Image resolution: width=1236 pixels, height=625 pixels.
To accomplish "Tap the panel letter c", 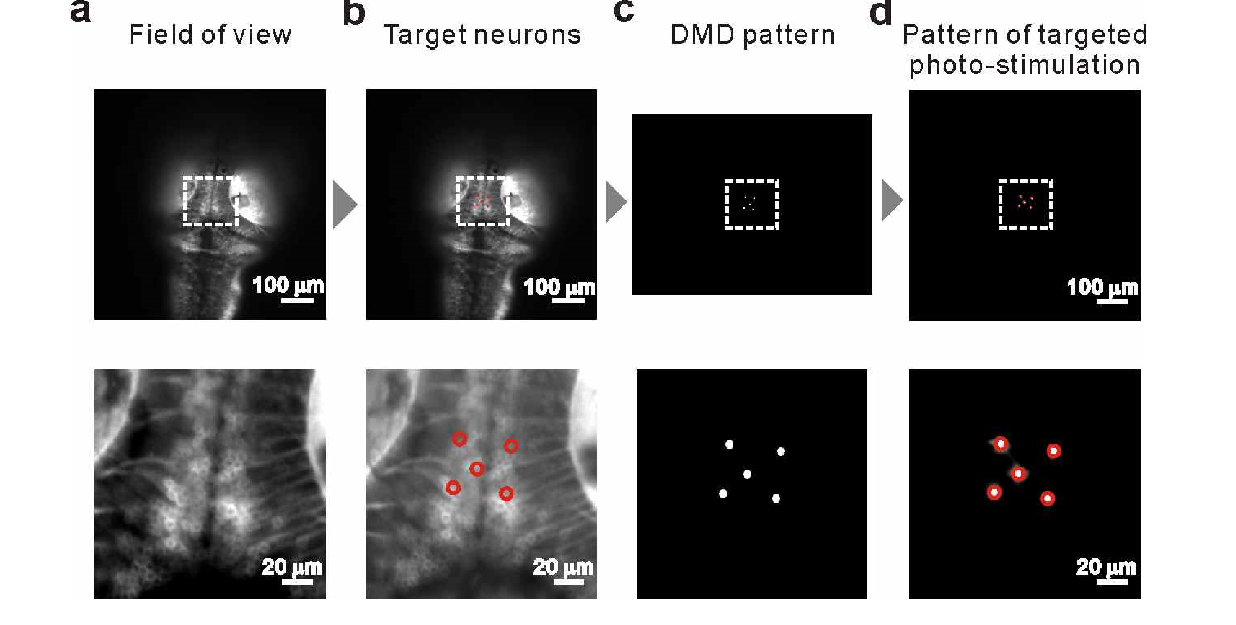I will (x=623, y=11).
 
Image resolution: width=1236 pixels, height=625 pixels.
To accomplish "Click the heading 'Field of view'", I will (x=210, y=35).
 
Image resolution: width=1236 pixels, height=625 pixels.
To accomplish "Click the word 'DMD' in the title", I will (x=702, y=35).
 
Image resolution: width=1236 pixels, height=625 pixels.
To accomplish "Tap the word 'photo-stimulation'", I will (x=1025, y=65).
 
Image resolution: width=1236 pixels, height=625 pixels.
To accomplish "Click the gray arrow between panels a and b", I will (x=345, y=205).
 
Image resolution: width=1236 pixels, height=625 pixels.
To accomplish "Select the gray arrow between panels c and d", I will (x=892, y=200).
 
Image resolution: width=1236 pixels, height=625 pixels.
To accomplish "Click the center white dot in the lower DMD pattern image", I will (x=747, y=474).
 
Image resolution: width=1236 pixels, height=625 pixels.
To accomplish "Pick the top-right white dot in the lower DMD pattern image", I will (x=781, y=451).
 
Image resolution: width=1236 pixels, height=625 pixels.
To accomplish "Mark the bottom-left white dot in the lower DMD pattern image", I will (x=723, y=494).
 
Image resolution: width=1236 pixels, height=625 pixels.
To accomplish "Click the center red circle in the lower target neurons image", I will (x=477, y=469).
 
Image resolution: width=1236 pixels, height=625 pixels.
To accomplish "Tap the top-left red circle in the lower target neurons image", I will (x=460, y=439).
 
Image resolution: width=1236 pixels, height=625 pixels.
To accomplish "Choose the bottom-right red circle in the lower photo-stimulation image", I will (x=1047, y=498).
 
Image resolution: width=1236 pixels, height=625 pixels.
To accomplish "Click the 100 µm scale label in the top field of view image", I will (x=287, y=285).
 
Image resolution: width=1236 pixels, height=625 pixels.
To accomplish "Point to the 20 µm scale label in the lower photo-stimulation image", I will (x=1106, y=567).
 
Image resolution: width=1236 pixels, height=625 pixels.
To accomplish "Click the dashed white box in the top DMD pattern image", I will (x=751, y=180).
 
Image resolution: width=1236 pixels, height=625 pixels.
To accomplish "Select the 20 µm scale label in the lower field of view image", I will (x=291, y=567).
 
